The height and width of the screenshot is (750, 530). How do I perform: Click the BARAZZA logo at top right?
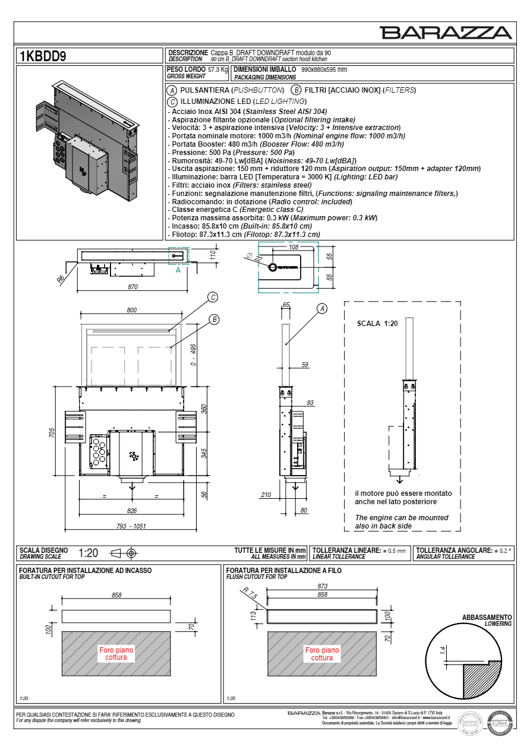coord(446,33)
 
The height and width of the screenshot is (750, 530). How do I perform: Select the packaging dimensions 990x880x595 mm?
coord(324,69)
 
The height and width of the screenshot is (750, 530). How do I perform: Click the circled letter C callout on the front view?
coord(212,297)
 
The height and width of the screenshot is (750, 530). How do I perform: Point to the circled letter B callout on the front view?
coord(214,319)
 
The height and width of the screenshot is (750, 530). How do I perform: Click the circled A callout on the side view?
coord(322,308)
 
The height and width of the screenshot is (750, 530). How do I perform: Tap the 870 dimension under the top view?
coord(132,287)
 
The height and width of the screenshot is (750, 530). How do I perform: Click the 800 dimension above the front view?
coord(131,310)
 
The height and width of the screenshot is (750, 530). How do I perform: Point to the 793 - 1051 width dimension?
coord(131,526)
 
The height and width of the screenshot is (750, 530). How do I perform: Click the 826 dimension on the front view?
coord(132,511)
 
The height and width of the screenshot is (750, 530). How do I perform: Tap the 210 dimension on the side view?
coord(266,494)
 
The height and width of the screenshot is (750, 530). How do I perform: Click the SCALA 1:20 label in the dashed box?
coord(377,324)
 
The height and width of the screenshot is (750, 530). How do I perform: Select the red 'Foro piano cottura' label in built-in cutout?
coord(116,654)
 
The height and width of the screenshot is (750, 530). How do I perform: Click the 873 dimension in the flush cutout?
coord(322,587)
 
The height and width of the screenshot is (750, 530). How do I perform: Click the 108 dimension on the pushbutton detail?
coord(293,246)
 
